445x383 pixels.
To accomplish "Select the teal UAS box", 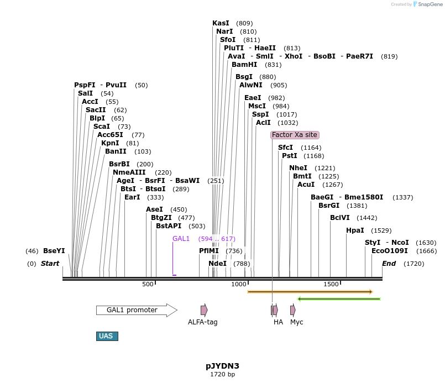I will click(x=107, y=336).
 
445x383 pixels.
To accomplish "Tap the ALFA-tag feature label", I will click(x=203, y=322).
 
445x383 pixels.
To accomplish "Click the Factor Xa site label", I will click(x=295, y=135).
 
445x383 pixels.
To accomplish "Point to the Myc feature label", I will click(x=296, y=322).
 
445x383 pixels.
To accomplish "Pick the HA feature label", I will click(x=278, y=322).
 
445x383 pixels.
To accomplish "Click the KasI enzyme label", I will click(x=221, y=23).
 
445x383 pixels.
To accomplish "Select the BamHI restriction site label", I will click(x=244, y=65).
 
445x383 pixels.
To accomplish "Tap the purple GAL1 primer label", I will click(x=181, y=239).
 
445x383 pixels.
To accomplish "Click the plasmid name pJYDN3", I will click(x=222, y=366).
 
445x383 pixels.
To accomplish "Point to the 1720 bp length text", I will click(x=222, y=375).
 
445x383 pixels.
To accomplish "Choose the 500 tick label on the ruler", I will click(x=148, y=284).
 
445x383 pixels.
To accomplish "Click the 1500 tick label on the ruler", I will click(x=331, y=284).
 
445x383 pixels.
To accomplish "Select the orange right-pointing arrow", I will click(x=310, y=292).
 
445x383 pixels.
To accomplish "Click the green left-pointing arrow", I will click(x=339, y=299).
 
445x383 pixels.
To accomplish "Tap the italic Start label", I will click(x=50, y=264).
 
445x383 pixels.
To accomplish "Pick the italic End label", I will click(x=389, y=264).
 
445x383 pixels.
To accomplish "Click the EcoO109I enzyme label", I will click(x=390, y=251).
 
